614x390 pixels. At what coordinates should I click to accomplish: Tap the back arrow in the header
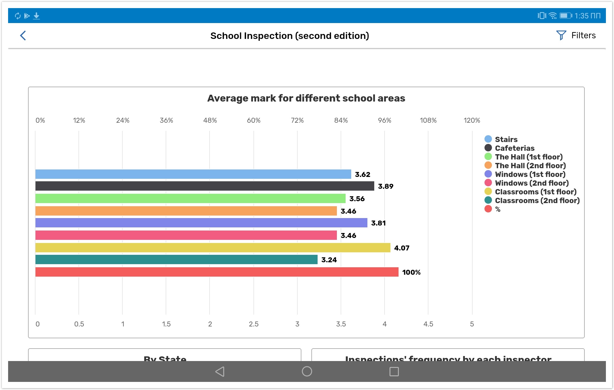[23, 36]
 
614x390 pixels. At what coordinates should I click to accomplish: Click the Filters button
[576, 36]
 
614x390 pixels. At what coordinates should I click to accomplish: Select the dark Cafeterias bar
[205, 186]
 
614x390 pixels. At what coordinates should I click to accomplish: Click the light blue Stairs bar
[193, 174]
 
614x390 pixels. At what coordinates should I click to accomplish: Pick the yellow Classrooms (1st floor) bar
[213, 248]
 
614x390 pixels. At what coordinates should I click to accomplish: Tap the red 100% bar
[217, 272]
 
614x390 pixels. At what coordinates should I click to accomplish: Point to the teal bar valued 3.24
[176, 259]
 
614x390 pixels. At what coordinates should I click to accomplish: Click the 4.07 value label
[402, 248]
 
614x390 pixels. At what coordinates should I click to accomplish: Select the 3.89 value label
[385, 186]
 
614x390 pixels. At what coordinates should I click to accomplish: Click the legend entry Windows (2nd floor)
[531, 183]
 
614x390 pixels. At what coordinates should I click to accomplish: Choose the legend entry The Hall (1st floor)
[528, 157]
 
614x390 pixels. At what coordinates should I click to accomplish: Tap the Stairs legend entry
[506, 139]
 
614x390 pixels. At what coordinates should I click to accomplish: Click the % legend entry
[498, 209]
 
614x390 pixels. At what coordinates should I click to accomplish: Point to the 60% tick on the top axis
[253, 120]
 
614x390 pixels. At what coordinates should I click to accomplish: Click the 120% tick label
[471, 120]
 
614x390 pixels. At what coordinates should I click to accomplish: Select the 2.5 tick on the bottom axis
[253, 324]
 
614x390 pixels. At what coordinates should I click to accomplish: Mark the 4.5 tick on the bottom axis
[428, 324]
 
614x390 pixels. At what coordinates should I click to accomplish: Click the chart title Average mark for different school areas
[306, 98]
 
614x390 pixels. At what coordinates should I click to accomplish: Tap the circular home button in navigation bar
[307, 371]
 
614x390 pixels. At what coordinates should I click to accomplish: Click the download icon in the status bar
[36, 16]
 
